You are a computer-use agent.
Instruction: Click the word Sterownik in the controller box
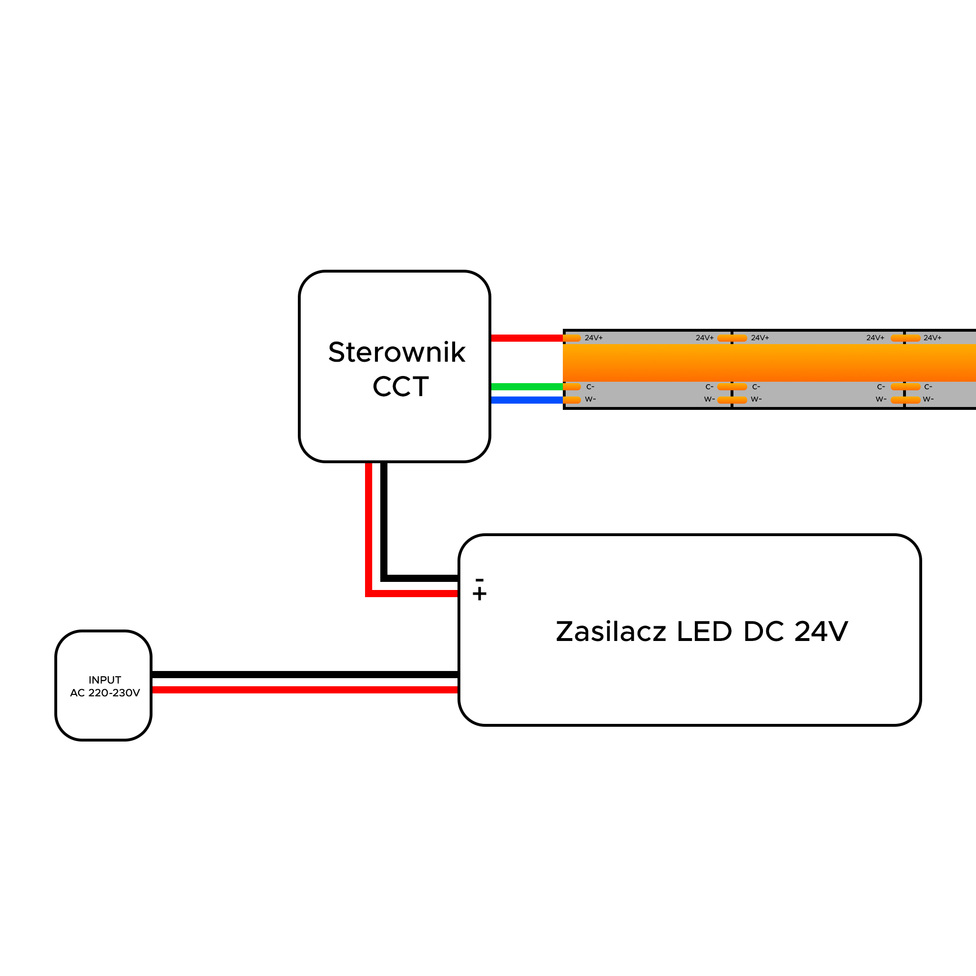click(x=396, y=352)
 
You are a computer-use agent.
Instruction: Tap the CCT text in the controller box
click(x=401, y=386)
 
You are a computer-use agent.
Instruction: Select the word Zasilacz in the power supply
click(x=611, y=631)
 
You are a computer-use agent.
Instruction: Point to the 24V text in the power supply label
click(x=822, y=631)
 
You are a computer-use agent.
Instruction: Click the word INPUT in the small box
click(x=104, y=680)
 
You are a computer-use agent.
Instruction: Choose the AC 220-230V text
click(x=105, y=692)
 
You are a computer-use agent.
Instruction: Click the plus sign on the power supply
click(x=479, y=594)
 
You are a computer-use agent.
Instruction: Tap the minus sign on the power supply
click(x=479, y=580)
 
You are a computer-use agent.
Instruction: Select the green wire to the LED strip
click(x=527, y=387)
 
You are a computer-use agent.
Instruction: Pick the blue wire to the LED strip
click(x=527, y=400)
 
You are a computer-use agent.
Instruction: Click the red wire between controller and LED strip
click(x=527, y=338)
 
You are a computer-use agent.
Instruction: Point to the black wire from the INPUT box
click(x=305, y=674)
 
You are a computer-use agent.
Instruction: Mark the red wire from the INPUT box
click(x=305, y=690)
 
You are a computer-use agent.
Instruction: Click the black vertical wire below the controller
click(x=384, y=520)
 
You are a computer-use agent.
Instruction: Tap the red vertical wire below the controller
click(x=369, y=528)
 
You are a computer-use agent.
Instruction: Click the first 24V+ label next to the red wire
click(x=594, y=338)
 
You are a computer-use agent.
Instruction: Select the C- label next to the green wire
click(x=590, y=387)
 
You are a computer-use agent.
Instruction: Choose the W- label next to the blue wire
click(x=590, y=399)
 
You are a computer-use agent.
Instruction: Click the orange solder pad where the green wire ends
click(x=572, y=387)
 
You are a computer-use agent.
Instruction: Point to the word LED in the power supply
click(x=704, y=631)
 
